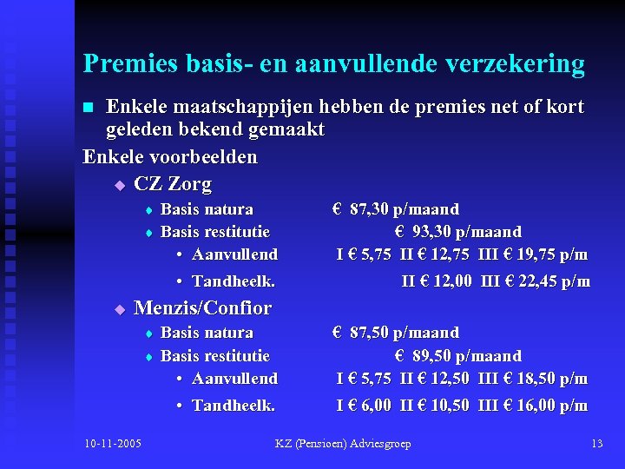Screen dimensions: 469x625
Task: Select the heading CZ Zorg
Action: pyautogui.click(x=173, y=184)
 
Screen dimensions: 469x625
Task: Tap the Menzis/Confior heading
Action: pyautogui.click(x=202, y=308)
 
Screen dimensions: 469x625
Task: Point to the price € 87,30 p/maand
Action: pyautogui.click(x=396, y=209)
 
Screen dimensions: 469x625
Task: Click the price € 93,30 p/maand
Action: pyautogui.click(x=457, y=232)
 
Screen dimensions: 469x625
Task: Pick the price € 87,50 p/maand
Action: pyautogui.click(x=396, y=333)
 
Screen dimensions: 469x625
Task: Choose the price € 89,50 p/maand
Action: pyautogui.click(x=457, y=356)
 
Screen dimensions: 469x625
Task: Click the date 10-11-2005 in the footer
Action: pyautogui.click(x=114, y=444)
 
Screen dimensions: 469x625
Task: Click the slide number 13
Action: pyautogui.click(x=596, y=444)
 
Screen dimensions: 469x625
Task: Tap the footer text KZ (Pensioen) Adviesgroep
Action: pyautogui.click(x=343, y=444)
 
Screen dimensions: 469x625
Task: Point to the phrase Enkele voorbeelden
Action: pyautogui.click(x=170, y=157)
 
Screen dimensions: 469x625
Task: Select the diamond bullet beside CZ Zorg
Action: pyautogui.click(x=120, y=185)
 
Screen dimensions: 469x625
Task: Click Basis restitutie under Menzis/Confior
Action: pyautogui.click(x=215, y=356)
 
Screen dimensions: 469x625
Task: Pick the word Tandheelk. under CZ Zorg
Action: pyautogui.click(x=234, y=281)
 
